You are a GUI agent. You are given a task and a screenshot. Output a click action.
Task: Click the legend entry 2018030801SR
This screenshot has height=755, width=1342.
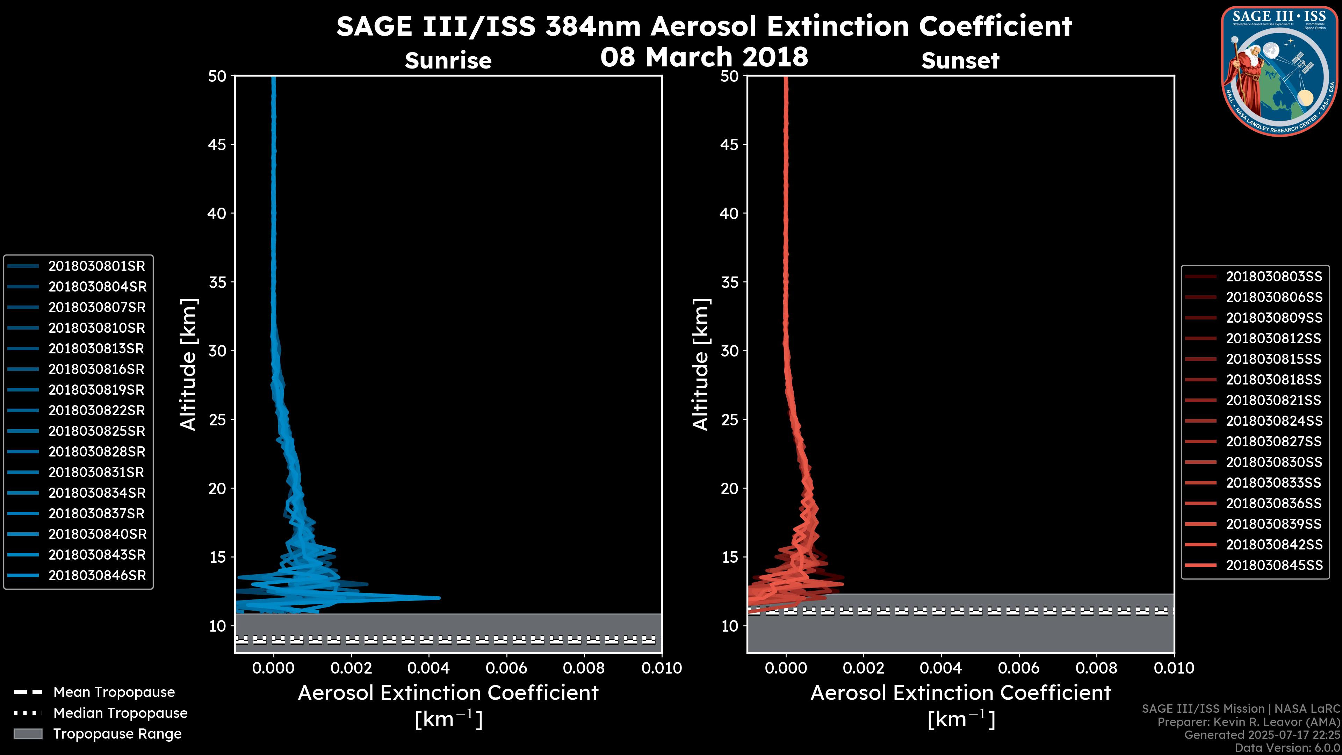tap(96, 266)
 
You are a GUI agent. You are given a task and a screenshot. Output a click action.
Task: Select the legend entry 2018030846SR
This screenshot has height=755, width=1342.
tap(97, 576)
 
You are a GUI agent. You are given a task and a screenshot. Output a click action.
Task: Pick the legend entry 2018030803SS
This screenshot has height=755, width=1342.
tap(1274, 277)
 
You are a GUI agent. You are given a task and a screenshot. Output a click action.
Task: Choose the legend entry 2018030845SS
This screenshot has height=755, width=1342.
tap(1274, 565)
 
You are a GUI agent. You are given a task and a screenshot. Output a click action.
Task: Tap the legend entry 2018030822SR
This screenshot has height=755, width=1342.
tap(96, 411)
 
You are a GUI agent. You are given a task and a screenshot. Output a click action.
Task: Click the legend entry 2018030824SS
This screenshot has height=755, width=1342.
tap(1274, 421)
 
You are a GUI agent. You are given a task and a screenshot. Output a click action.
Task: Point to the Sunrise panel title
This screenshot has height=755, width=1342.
tap(448, 61)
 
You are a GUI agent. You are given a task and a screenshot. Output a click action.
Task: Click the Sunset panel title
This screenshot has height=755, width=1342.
tap(960, 61)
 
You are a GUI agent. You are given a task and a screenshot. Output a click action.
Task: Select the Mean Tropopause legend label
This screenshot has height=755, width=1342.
tap(114, 692)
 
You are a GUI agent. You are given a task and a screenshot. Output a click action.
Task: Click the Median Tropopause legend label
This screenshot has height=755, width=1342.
tap(120, 713)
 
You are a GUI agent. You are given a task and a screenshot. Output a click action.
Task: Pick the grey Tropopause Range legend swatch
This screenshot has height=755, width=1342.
tap(28, 734)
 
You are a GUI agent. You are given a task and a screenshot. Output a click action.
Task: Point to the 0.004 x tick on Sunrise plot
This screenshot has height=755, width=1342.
tap(428, 668)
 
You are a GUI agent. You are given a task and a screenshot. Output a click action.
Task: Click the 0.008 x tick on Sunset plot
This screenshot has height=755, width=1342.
tap(1097, 668)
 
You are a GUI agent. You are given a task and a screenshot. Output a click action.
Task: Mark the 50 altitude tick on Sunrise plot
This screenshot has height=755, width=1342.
tap(217, 77)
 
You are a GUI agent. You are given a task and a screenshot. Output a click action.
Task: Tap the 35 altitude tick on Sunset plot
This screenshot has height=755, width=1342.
tap(730, 282)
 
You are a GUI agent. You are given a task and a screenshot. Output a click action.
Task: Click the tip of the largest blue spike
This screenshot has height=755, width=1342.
tap(439, 598)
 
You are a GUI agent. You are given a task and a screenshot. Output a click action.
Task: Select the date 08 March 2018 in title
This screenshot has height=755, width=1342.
tap(704, 57)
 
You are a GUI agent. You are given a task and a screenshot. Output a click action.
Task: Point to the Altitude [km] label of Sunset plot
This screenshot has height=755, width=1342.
tap(701, 364)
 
